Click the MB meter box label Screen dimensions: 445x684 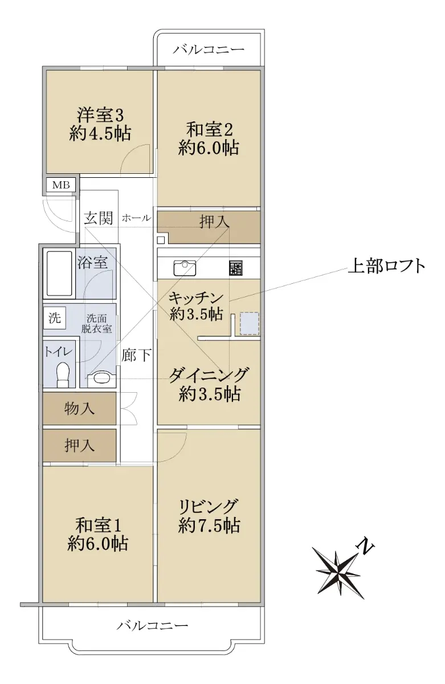(x=61, y=185)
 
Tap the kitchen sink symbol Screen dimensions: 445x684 (x=185, y=268)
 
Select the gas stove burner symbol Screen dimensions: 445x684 (x=236, y=268)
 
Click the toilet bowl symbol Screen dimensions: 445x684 (x=63, y=374)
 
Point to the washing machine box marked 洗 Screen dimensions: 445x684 (x=54, y=318)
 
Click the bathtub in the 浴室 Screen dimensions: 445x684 (x=59, y=273)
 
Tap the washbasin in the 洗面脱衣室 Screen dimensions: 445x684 (x=101, y=377)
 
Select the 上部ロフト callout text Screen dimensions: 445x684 (x=386, y=266)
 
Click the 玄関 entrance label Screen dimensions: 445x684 (x=98, y=218)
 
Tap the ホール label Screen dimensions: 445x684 (x=136, y=218)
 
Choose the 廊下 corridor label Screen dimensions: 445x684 (x=136, y=355)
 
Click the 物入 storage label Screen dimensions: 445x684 (x=79, y=408)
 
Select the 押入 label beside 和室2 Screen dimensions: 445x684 (x=214, y=221)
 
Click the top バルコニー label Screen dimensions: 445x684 (x=209, y=49)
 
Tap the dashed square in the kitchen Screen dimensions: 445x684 (x=249, y=323)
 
